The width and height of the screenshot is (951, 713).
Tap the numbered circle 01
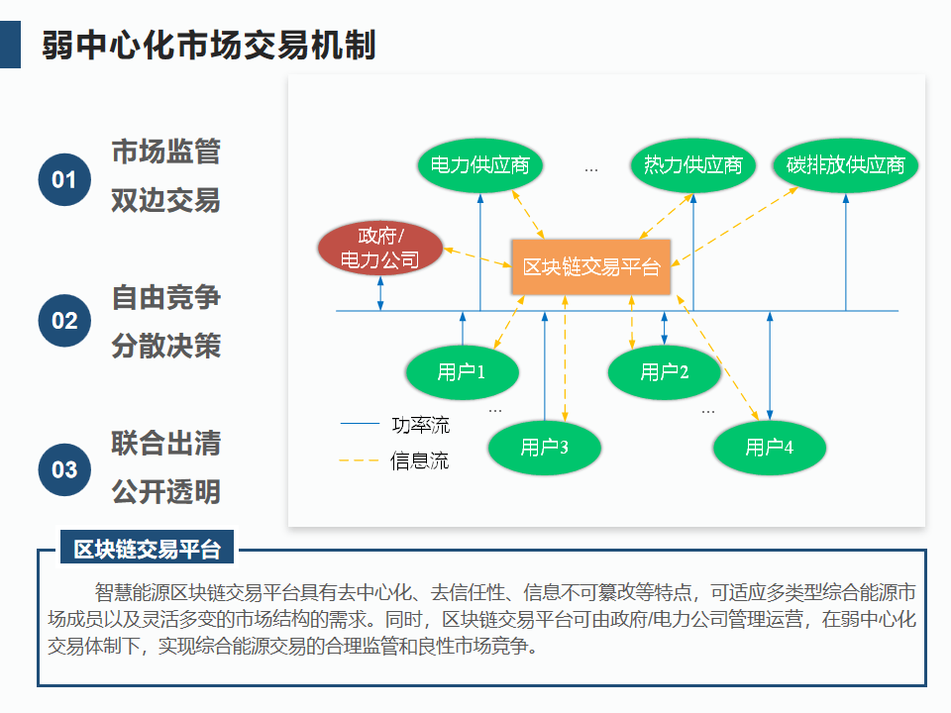coord(64,179)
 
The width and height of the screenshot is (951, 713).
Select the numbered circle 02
coord(64,321)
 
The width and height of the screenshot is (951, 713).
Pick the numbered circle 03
coord(64,469)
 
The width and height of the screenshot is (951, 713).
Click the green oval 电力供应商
coord(474,164)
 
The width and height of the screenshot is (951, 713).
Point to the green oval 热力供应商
coord(692,164)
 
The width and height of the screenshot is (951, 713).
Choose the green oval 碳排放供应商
coord(846,164)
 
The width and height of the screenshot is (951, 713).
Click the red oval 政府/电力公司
coord(379,249)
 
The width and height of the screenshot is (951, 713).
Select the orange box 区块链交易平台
coord(591,266)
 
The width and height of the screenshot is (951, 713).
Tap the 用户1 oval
coord(462,372)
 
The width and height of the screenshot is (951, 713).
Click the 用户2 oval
coord(664,372)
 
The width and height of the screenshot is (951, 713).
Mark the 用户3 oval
coord(544,448)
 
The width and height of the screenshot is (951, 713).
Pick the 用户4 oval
coord(769,448)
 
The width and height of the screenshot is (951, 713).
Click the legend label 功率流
coord(420,426)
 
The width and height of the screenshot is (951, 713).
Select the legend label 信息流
coord(420,460)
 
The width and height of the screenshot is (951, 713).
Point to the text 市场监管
coord(165,152)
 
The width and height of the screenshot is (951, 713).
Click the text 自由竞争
coord(165,297)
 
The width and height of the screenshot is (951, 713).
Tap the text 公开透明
coord(165,491)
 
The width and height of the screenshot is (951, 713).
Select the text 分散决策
coord(165,346)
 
